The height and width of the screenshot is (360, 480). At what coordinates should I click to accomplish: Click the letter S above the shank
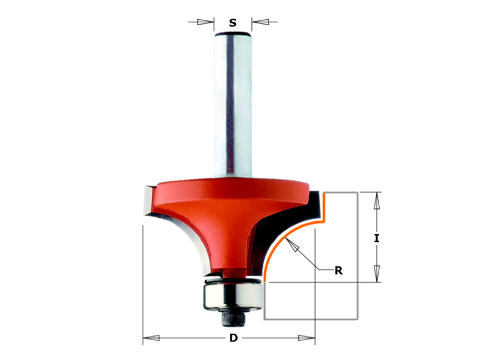(x=233, y=23)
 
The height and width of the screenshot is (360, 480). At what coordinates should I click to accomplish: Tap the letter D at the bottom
(x=233, y=338)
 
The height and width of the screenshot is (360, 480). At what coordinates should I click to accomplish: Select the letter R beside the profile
(x=338, y=271)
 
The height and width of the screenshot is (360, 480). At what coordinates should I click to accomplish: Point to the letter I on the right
(x=377, y=238)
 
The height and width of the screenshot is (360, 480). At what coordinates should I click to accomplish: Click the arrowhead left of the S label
(x=205, y=22)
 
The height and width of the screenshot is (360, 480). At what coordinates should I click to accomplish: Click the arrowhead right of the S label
(x=260, y=22)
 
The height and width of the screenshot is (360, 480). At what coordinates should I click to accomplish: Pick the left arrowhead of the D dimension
(x=151, y=338)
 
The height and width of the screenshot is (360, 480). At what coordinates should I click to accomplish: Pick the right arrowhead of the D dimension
(x=307, y=338)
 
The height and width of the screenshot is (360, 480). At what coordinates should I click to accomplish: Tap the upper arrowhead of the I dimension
(x=377, y=200)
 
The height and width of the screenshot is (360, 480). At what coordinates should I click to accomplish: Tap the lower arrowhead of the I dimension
(x=377, y=274)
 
